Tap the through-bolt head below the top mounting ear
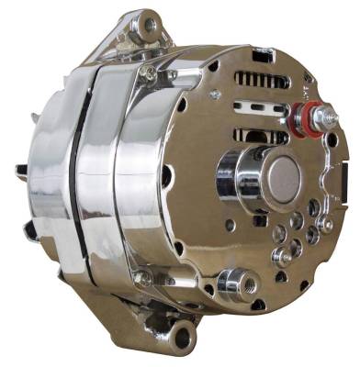pyautogui.click(x=149, y=70)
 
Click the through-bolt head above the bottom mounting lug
pyautogui.click(x=141, y=277)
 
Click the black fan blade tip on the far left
pyautogui.click(x=21, y=171)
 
